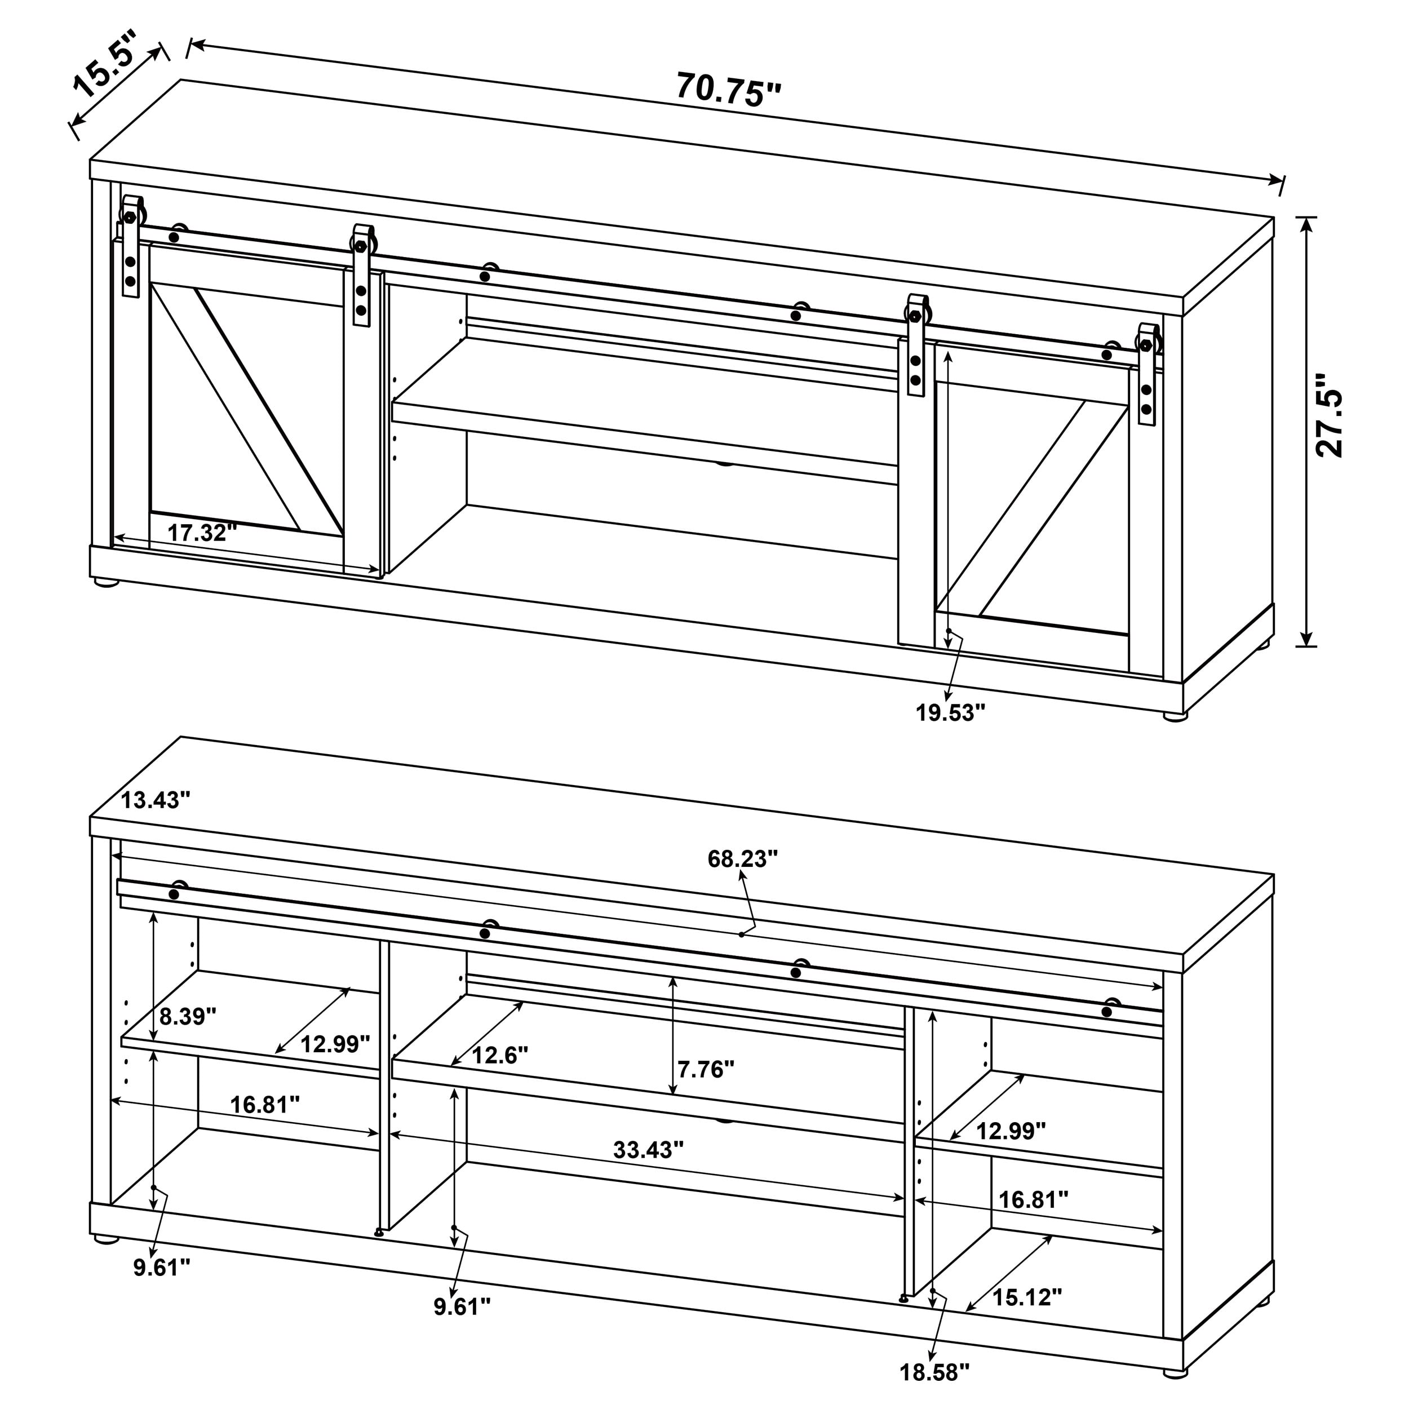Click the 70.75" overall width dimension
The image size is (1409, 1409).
728,89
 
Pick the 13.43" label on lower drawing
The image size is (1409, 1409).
154,800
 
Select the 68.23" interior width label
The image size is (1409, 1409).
742,859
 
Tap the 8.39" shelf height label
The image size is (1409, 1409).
188,1017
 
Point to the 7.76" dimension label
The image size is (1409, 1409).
705,1070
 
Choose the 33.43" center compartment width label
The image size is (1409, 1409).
648,1150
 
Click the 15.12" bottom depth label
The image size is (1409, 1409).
1027,1297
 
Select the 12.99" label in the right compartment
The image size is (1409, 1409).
1010,1131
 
